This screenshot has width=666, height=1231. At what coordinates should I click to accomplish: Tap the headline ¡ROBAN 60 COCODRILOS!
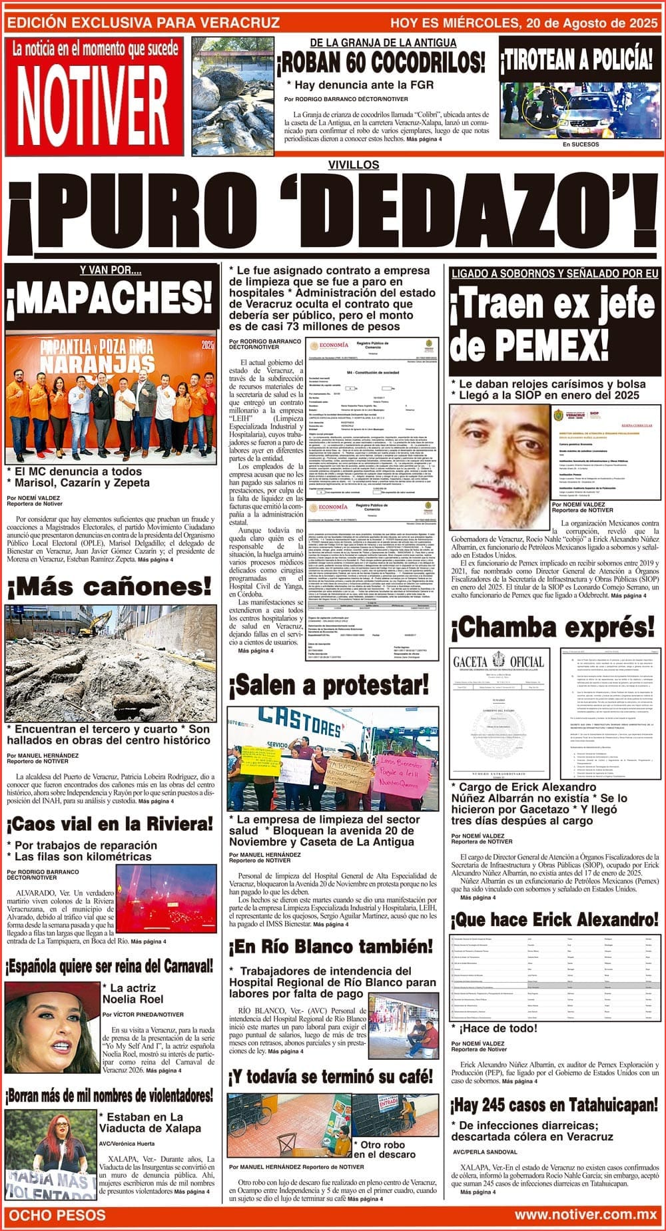[x=381, y=63]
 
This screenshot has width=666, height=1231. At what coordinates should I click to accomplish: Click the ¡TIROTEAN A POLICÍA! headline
[x=577, y=59]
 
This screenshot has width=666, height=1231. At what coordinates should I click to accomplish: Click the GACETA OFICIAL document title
[x=498, y=662]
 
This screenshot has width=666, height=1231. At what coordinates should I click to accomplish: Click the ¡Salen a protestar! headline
[x=330, y=684]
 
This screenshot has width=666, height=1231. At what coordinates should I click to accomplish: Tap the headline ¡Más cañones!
[x=109, y=587]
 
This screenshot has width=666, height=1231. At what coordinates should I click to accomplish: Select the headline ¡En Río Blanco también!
[x=331, y=946]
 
